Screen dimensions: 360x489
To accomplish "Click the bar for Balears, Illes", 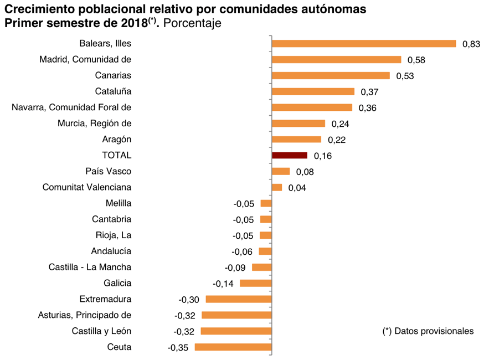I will (363, 44).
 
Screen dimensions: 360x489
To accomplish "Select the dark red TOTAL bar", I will (289, 156).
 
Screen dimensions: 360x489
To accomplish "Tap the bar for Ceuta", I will (233, 347).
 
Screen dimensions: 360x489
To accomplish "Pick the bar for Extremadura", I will (239, 299).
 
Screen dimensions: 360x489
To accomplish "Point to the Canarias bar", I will (331, 76).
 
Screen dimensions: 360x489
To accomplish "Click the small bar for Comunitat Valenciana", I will (277, 187).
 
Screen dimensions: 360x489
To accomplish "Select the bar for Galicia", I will (255, 284).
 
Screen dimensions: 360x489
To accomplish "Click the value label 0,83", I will (471, 44).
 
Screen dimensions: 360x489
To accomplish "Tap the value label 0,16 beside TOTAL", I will (322, 156).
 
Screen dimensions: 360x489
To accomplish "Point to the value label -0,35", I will (178, 348).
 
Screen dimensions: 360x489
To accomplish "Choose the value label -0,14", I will (223, 284).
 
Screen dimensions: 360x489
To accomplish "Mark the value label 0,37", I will (369, 92).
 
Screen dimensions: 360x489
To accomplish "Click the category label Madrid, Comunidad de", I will (85, 60).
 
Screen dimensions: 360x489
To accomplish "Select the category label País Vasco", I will (109, 172).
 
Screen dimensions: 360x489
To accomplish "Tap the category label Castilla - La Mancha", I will (90, 268).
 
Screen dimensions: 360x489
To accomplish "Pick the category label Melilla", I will (119, 204).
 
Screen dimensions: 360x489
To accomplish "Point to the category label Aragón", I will (117, 140).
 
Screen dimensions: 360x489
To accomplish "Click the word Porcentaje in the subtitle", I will (193, 24).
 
